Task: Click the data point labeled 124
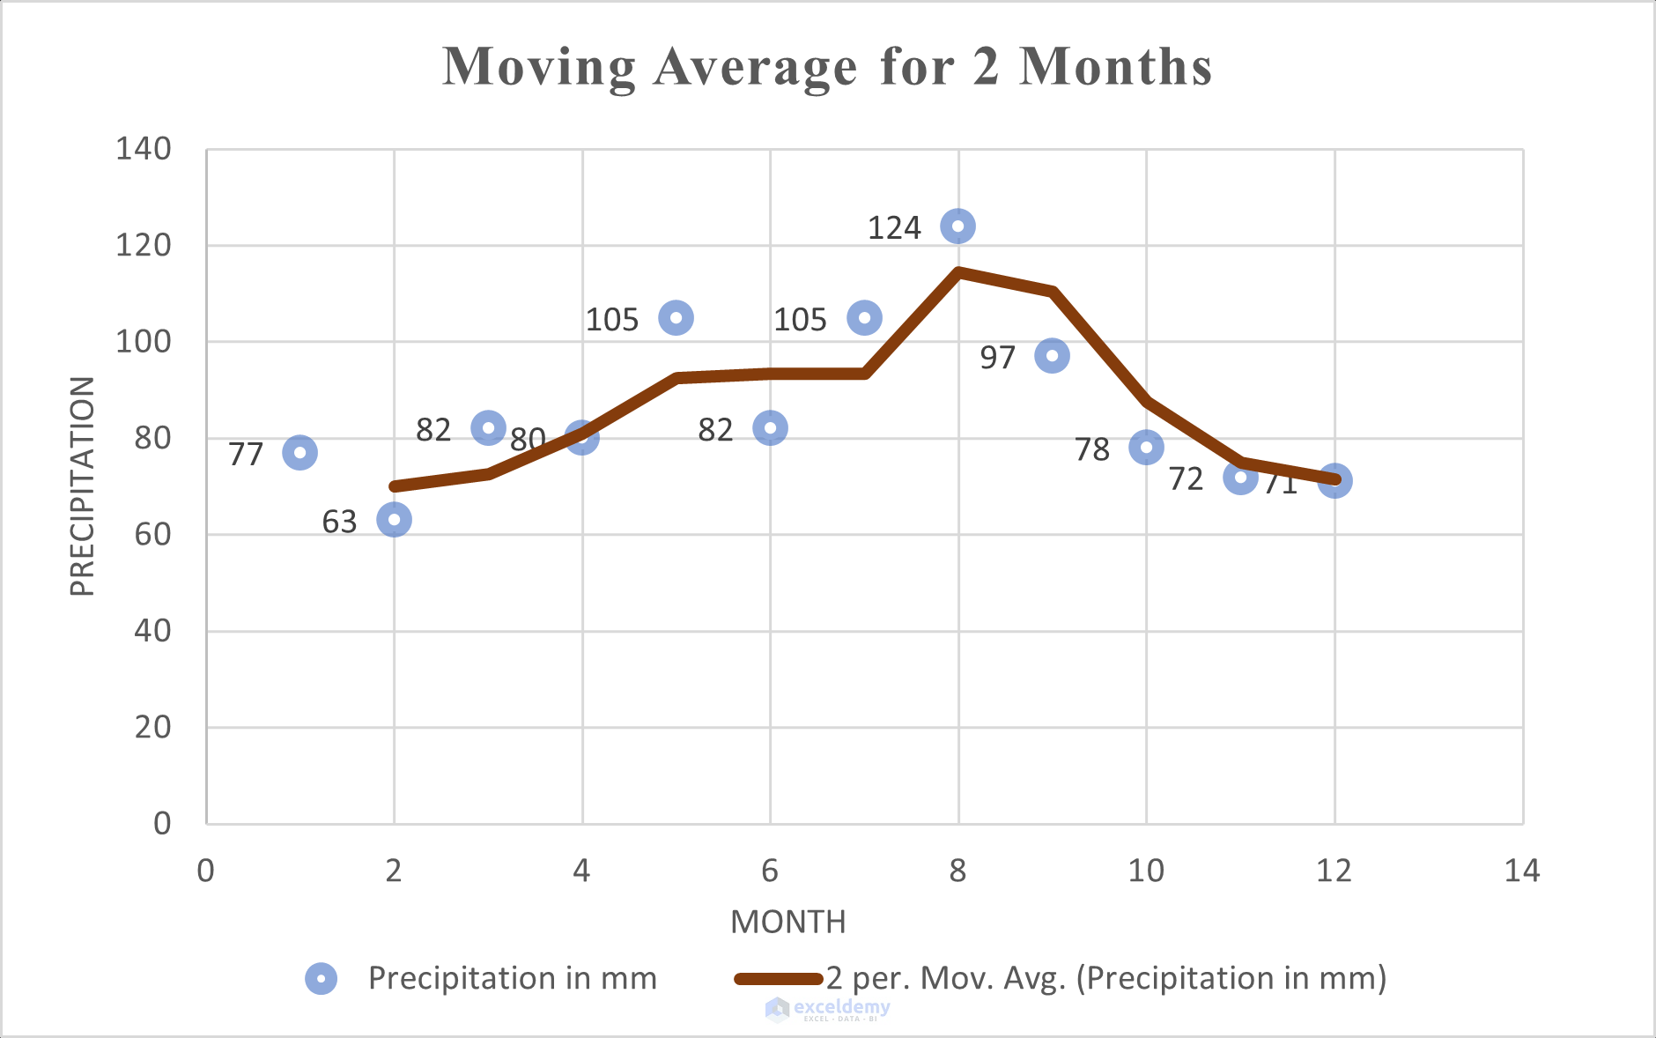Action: [957, 226]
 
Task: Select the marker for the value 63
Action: [394, 520]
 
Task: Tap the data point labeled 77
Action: [299, 453]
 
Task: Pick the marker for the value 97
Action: [1052, 356]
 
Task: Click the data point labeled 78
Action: [1146, 448]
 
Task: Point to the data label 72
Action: [1186, 479]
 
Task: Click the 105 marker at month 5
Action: [676, 318]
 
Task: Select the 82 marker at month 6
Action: [770, 428]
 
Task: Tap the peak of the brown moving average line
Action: [958, 272]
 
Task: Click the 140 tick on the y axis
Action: [144, 149]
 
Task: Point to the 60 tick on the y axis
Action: [152, 535]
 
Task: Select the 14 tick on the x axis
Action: [1521, 871]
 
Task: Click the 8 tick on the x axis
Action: [957, 871]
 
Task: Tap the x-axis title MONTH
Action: [787, 922]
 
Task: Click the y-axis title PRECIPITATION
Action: [82, 486]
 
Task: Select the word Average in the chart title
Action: [755, 67]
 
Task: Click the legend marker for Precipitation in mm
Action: [321, 978]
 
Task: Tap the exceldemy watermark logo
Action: [777, 1009]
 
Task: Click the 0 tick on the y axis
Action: [162, 824]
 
